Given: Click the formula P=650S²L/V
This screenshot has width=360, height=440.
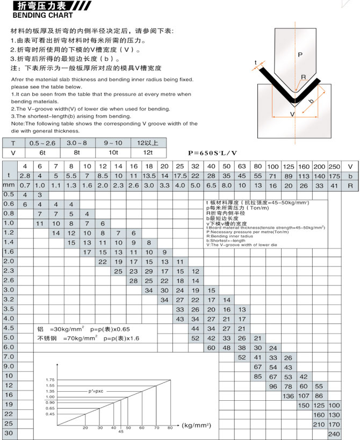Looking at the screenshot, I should pyautogui.click(x=212, y=153).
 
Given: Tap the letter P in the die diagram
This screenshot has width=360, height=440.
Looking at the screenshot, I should pyautogui.click(x=300, y=54).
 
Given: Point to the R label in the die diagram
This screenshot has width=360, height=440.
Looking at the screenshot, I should pyautogui.click(x=303, y=77).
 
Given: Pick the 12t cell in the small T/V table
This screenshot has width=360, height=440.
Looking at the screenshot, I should pyautogui.click(x=148, y=153).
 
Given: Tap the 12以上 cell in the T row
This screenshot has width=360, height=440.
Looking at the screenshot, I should pyautogui.click(x=148, y=143).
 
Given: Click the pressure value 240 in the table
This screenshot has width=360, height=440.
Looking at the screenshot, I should pyautogui.click(x=334, y=434).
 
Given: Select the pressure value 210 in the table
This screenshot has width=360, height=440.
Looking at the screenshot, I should pyautogui.click(x=319, y=424).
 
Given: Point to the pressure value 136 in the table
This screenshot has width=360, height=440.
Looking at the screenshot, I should pyautogui.click(x=289, y=395).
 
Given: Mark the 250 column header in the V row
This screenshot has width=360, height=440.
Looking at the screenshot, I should pyautogui.click(x=334, y=167).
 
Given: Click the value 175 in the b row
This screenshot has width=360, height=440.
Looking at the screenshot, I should pyautogui.click(x=334, y=176).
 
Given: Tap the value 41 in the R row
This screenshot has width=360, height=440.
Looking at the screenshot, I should pyautogui.click(x=334, y=185).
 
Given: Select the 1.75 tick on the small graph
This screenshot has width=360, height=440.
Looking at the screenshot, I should pyautogui.click(x=51, y=380).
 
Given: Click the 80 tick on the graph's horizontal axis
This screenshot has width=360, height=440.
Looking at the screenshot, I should pyautogui.click(x=170, y=428).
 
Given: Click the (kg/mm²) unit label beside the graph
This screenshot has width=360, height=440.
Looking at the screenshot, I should pyautogui.click(x=196, y=425).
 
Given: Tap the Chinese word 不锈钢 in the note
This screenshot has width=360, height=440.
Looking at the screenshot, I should pyautogui.click(x=47, y=338).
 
